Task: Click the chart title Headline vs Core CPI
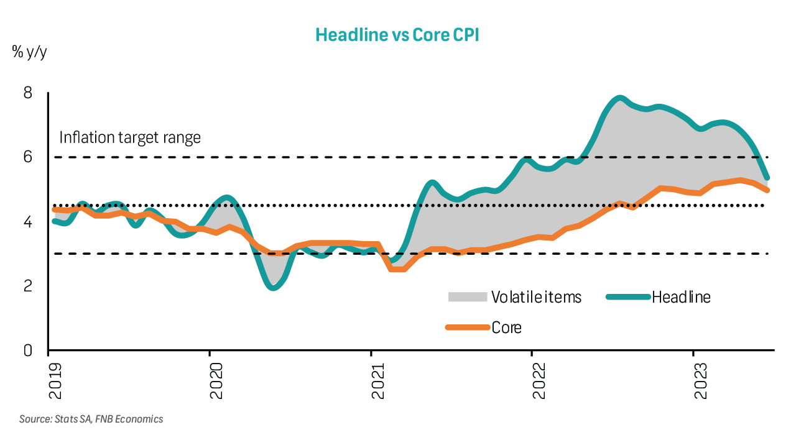click(x=397, y=34)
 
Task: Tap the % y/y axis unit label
click(x=29, y=52)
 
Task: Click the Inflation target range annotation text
click(x=130, y=137)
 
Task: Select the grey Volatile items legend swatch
click(x=467, y=297)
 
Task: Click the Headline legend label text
click(x=681, y=297)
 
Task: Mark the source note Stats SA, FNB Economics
click(x=91, y=419)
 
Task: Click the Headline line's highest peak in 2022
click(x=619, y=98)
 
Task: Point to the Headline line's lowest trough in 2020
click(x=273, y=288)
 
